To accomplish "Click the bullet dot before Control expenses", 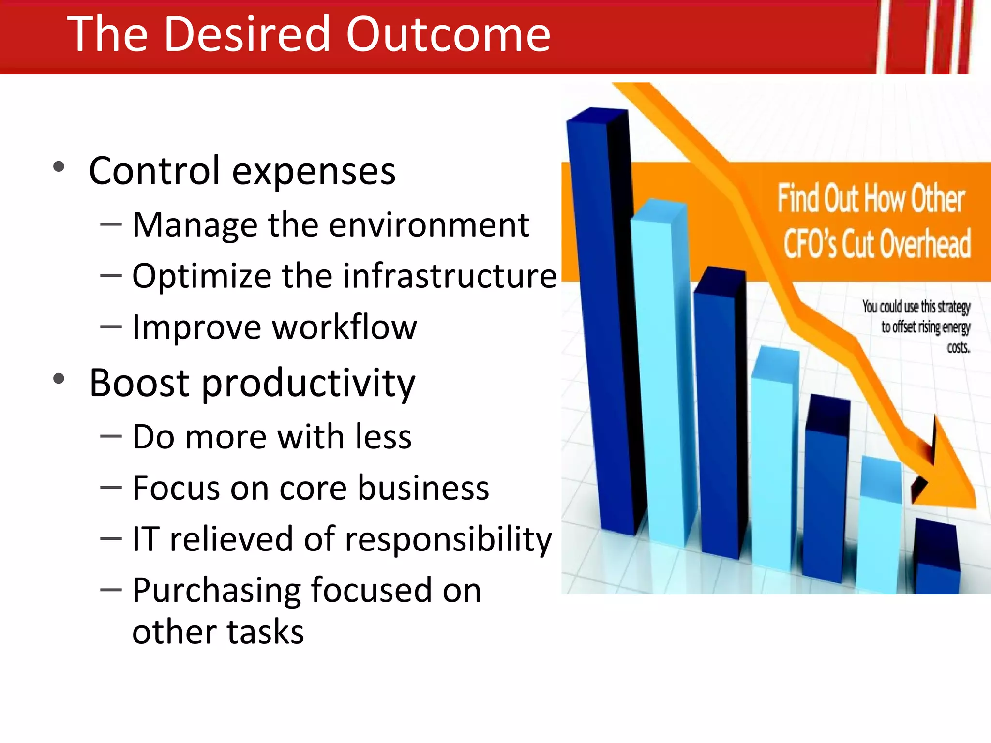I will tap(59, 167).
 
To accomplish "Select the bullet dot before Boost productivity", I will tap(59, 379).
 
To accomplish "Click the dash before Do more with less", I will tap(111, 436).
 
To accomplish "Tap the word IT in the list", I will tap(145, 539).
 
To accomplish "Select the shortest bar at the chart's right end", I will tap(937, 561).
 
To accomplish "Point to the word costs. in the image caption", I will tap(958, 347).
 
